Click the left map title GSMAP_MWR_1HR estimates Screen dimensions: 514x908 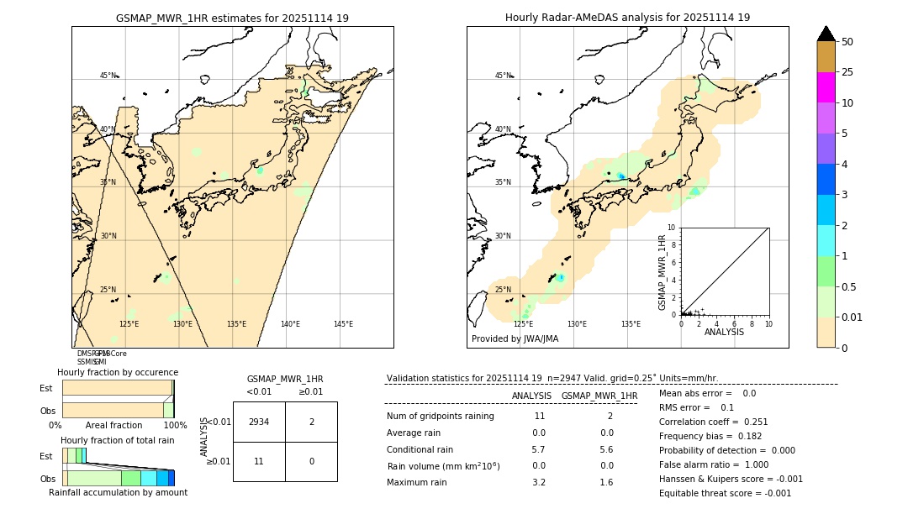tap(232, 18)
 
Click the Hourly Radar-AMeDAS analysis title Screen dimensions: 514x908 tap(627, 18)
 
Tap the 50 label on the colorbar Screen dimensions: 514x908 tap(847, 42)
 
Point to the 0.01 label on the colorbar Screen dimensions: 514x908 tap(853, 317)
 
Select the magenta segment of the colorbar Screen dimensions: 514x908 tap(826, 87)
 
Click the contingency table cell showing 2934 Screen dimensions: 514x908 tap(259, 422)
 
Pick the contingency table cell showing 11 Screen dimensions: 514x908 tap(259, 461)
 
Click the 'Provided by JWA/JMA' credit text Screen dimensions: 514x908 tap(515, 339)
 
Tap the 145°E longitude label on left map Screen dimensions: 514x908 tap(343, 324)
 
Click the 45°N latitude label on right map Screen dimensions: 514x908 tap(503, 76)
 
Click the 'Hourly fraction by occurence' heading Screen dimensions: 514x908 tap(118, 372)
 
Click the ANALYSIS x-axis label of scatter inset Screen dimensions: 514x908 tap(725, 332)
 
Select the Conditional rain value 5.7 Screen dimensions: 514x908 tap(539, 449)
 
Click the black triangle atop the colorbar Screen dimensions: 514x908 tap(826, 34)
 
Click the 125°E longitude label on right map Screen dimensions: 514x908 tap(523, 324)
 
